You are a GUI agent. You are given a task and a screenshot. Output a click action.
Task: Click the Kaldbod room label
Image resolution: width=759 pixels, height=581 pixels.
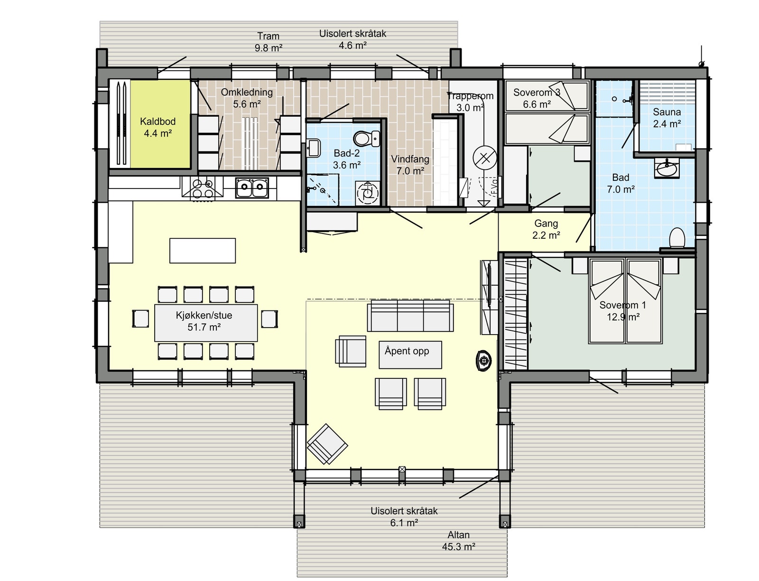(157, 128)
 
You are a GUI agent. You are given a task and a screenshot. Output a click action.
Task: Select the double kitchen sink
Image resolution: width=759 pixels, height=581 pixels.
(252, 188)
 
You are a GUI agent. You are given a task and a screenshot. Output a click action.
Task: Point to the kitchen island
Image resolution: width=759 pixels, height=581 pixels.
(203, 250)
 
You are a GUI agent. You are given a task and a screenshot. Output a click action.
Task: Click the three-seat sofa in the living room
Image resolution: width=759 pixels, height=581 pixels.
(410, 316)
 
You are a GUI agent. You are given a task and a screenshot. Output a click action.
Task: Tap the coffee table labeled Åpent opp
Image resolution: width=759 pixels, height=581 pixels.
(410, 354)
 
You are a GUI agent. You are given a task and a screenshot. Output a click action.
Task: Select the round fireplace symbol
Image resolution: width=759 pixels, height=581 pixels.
(484, 361)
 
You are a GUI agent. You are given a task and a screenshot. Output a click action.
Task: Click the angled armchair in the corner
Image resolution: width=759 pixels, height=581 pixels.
(327, 444)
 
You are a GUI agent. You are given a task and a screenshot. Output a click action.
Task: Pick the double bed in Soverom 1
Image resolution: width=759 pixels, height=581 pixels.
(625, 301)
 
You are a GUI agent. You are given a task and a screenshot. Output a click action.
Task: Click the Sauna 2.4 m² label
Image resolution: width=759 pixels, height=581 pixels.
(666, 118)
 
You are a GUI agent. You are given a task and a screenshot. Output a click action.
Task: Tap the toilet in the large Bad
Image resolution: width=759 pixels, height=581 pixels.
(677, 238)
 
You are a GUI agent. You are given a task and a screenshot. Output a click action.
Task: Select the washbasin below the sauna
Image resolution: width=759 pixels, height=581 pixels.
(666, 168)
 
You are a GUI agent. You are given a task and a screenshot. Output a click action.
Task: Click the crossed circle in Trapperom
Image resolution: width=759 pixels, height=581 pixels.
(485, 158)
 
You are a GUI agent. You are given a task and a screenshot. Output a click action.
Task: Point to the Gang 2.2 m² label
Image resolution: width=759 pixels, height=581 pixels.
(546, 229)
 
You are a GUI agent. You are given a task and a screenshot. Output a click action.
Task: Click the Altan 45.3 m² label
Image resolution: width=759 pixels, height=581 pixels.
(458, 541)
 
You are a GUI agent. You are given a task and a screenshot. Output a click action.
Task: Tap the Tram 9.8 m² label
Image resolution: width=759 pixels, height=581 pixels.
(268, 42)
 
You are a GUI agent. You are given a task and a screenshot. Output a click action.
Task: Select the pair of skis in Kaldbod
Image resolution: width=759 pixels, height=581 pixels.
(120, 123)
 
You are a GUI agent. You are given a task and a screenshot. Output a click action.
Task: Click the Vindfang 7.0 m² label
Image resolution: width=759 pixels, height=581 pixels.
(410, 165)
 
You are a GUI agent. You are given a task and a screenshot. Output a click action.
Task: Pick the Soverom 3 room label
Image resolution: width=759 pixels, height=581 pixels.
(537, 98)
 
